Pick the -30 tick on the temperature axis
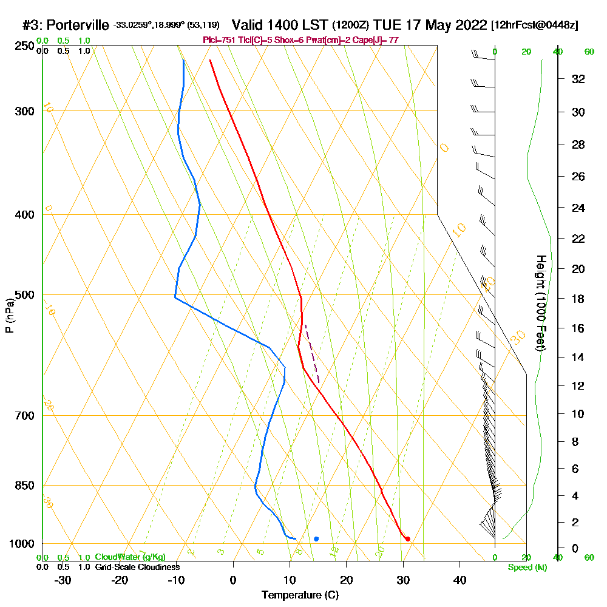63,580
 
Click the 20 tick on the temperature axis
347,580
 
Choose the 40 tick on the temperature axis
459,580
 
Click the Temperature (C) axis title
300,595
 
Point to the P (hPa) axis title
9,316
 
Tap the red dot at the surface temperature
407,539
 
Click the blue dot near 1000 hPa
316,539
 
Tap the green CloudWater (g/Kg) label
130,557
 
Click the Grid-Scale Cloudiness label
137,567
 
